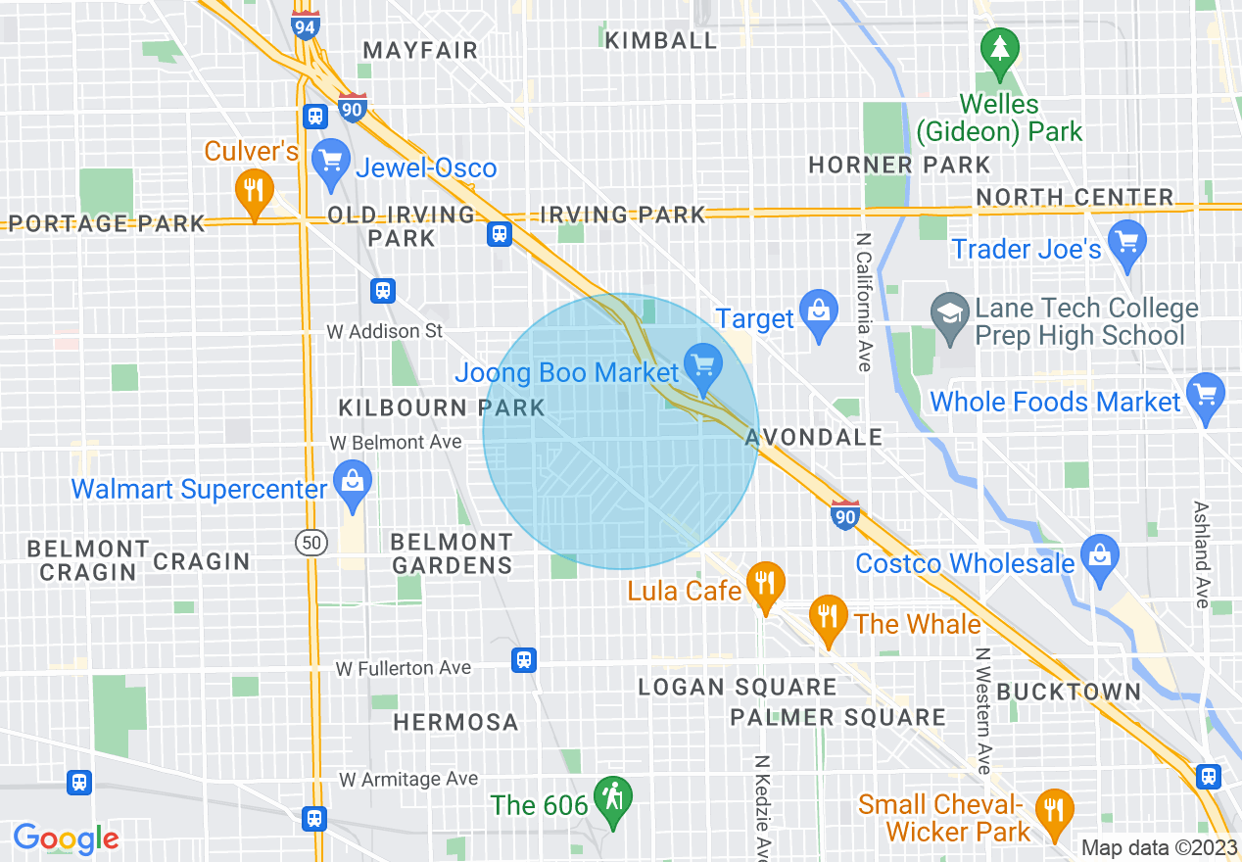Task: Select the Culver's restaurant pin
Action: tap(254, 192)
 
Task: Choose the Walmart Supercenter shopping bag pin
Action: tap(351, 485)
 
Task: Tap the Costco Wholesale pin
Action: tap(1100, 558)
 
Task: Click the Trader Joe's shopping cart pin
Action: tap(1127, 244)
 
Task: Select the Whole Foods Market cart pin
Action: tap(1205, 397)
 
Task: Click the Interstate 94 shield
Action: tap(305, 25)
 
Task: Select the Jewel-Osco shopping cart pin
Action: tap(330, 163)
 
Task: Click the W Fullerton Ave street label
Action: tap(403, 668)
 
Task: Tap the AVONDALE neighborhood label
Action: tap(814, 437)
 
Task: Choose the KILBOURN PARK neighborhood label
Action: tap(441, 407)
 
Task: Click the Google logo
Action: tap(66, 838)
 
